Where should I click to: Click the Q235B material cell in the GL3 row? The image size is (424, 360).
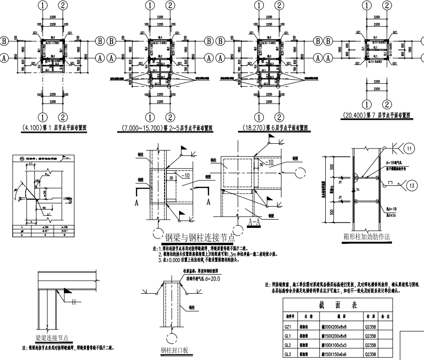pos(371,355)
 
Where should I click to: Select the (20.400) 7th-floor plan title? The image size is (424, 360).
pos(376,115)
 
